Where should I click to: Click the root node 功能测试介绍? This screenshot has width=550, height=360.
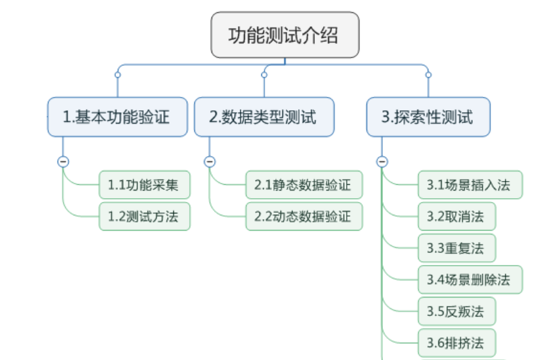[x=285, y=36]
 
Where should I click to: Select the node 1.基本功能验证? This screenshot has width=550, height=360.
[x=117, y=117]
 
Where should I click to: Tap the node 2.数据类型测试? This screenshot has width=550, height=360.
[x=264, y=117]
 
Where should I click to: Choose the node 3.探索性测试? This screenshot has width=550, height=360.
[x=428, y=117]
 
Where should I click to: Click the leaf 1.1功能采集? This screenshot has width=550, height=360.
[x=145, y=185]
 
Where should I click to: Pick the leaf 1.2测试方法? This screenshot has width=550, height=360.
[x=145, y=217]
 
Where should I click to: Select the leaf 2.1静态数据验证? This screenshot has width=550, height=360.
[x=303, y=185]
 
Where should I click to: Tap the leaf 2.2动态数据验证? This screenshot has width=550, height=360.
[x=303, y=217]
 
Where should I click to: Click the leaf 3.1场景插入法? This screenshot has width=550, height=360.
[x=470, y=185]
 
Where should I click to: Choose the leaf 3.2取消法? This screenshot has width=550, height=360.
[x=456, y=217]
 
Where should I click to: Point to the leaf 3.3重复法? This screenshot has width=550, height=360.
[x=456, y=248]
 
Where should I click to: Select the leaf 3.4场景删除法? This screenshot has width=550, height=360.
[x=470, y=279]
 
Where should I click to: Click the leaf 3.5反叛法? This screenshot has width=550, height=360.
[x=456, y=311]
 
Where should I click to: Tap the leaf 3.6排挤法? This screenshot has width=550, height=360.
[x=456, y=342]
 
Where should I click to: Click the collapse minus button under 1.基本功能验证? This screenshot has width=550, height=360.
[x=63, y=161]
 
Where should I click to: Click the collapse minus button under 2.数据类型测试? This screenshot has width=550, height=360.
[x=210, y=161]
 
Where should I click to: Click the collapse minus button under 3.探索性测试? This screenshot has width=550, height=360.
[x=382, y=161]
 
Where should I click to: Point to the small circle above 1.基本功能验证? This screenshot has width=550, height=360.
[x=117, y=75]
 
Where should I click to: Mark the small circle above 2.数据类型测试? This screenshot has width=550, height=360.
[x=264, y=75]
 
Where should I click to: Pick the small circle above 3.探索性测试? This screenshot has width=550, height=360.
[x=428, y=75]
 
